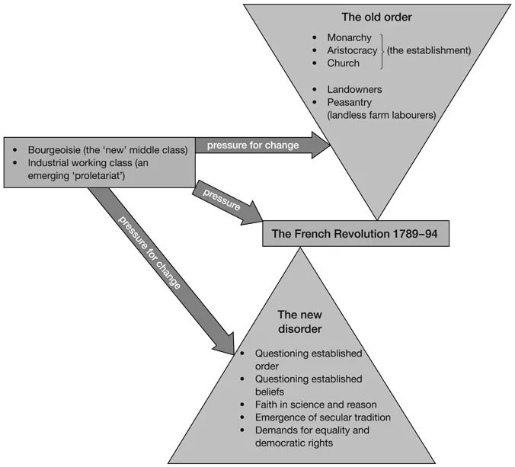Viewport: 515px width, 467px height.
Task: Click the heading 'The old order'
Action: (x=373, y=17)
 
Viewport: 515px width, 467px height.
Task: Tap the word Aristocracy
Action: (x=353, y=50)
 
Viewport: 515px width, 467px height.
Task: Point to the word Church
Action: (x=344, y=63)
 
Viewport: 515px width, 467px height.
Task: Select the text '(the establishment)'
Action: (x=429, y=50)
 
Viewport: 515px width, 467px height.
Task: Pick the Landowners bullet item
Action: (x=354, y=89)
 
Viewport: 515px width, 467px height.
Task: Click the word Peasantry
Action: (x=350, y=102)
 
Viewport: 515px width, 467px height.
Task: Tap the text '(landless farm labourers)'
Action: (x=382, y=115)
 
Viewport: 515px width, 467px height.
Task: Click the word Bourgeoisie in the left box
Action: (x=50, y=150)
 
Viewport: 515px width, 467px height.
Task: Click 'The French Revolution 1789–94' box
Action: (x=356, y=234)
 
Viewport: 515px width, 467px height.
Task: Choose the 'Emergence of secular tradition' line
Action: (x=323, y=417)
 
